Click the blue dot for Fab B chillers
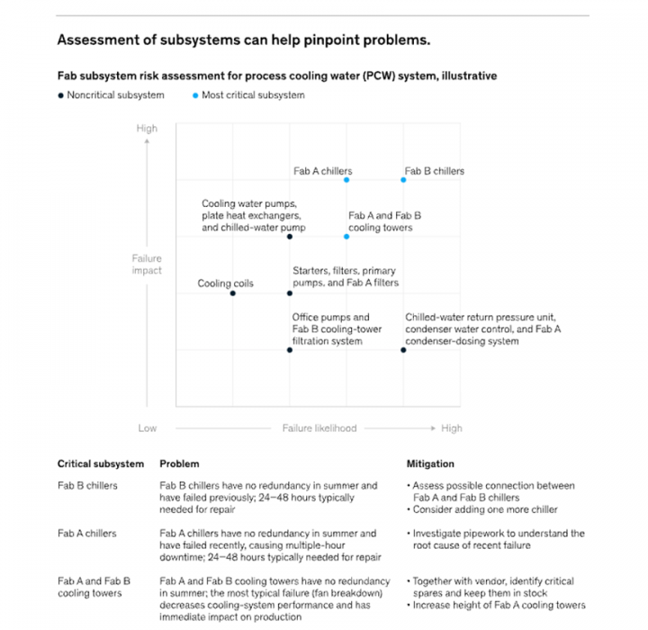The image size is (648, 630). click(403, 180)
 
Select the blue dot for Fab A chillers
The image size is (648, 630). click(346, 180)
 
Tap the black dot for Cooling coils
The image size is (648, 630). click(232, 293)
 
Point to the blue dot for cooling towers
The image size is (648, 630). click(346, 237)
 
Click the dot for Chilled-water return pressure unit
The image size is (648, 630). click(403, 350)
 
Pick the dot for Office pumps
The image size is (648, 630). click(290, 350)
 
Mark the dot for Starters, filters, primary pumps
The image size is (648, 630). click(290, 293)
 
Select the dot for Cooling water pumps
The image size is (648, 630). click(290, 237)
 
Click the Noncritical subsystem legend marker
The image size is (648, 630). click(60, 95)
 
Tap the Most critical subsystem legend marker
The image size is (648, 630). click(194, 95)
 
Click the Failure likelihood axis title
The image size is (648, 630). click(319, 428)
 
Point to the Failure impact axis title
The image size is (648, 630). click(147, 265)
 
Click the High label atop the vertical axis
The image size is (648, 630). click(147, 129)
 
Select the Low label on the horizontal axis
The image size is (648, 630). click(147, 428)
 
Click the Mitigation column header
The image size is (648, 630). click(429, 464)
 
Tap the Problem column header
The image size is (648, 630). click(179, 464)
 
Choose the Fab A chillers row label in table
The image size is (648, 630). click(87, 534)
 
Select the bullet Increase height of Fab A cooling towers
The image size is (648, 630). click(500, 606)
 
